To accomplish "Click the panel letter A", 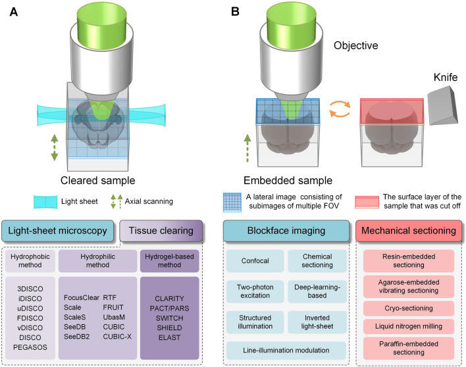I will [x=13, y=12].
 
